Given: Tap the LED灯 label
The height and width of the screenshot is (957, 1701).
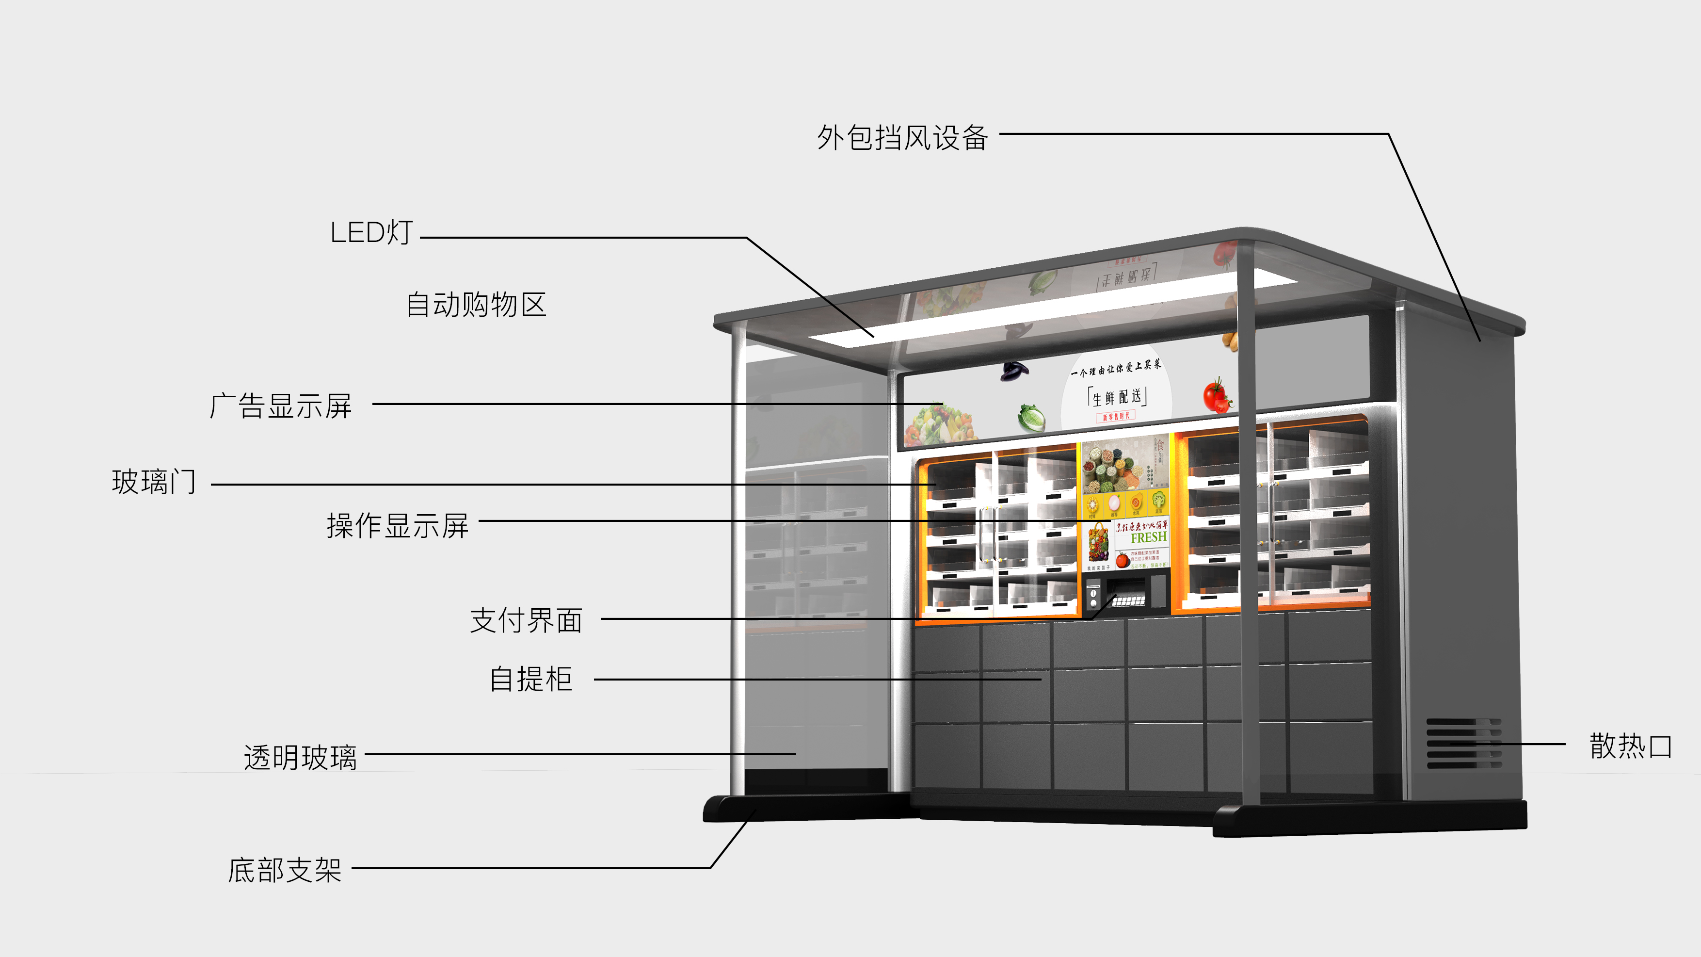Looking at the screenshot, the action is (x=371, y=232).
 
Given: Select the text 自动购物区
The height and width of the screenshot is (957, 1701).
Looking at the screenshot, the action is (x=476, y=305).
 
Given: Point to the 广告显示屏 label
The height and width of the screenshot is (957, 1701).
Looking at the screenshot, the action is (x=281, y=406).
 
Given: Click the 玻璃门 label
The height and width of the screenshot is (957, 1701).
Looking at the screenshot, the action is (x=154, y=482).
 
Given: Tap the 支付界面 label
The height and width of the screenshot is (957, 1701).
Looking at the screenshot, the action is (x=526, y=621).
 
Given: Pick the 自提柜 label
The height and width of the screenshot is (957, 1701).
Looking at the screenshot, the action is (x=530, y=680).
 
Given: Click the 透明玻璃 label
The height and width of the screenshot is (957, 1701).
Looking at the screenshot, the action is (x=301, y=757).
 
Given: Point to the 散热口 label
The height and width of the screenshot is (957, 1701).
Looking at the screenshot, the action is (x=1630, y=746).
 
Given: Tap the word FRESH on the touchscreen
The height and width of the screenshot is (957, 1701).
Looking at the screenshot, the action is (x=1148, y=537).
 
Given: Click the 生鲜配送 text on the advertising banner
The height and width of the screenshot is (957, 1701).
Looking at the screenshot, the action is (x=1117, y=397).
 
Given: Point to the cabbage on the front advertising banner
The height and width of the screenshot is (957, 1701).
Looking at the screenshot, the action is (x=1031, y=418).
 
